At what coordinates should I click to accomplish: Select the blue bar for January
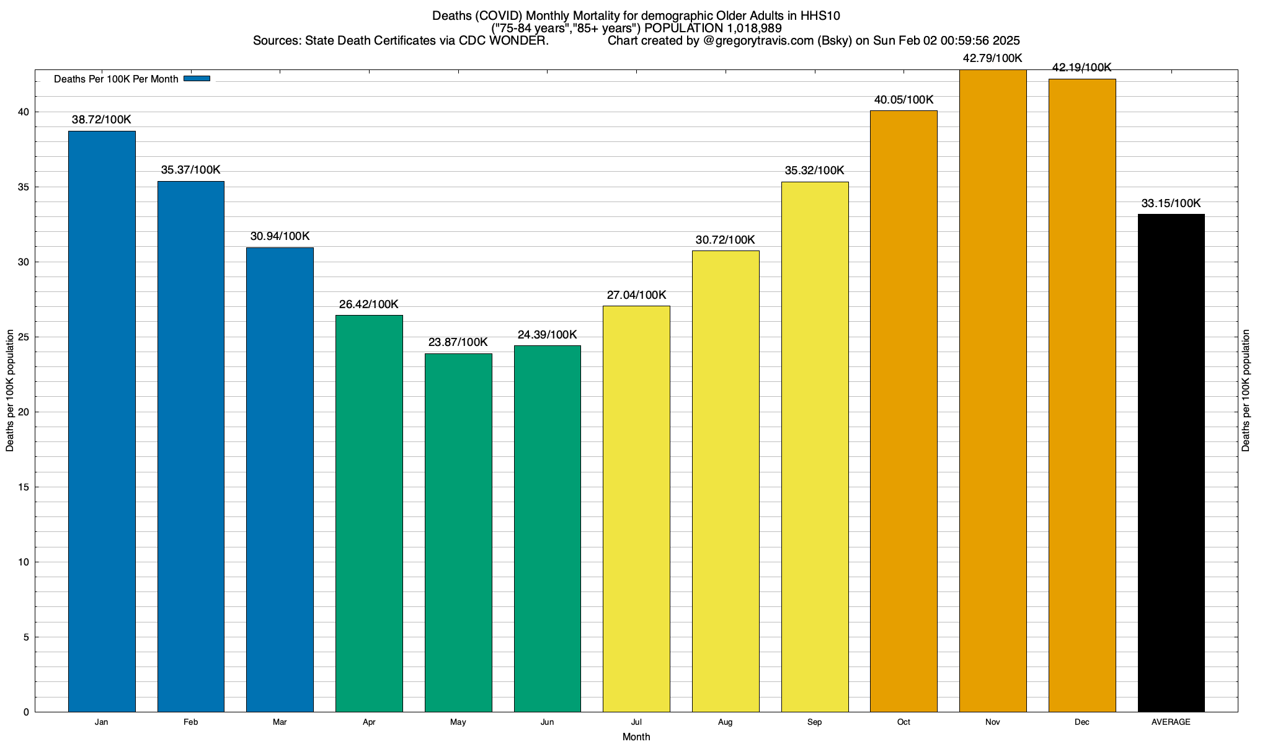coord(102,422)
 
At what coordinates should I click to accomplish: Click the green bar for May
coord(458,533)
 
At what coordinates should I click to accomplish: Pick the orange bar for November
coord(993,391)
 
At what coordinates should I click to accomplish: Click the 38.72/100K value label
coord(102,120)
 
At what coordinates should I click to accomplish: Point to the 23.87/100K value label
coord(458,342)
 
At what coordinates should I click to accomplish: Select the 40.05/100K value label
coord(904,100)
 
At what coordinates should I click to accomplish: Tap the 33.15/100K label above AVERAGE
coord(1171,203)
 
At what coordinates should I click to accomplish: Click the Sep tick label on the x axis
coord(814,722)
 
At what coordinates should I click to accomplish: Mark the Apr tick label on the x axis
coord(369,722)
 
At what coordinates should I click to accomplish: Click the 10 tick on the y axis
coord(24,562)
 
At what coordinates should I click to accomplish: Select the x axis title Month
coord(636,737)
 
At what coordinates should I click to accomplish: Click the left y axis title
coord(10,391)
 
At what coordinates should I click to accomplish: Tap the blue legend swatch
coord(197,79)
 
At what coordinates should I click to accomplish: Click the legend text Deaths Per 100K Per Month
coord(116,79)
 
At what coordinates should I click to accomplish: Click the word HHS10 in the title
coord(820,16)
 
